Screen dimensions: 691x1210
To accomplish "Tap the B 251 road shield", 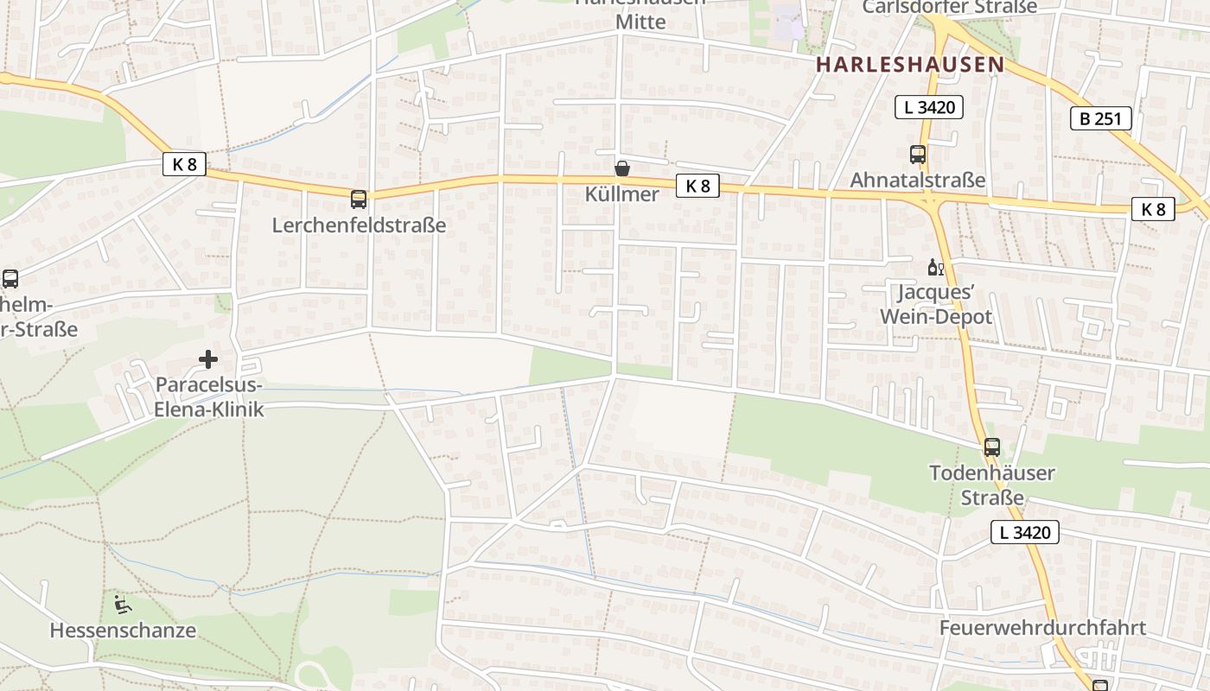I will tap(1100, 118).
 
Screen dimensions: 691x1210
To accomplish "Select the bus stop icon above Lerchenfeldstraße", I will tap(359, 200).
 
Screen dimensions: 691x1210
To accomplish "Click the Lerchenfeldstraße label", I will tap(359, 225).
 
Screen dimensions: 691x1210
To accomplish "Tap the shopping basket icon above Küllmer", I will tap(622, 168).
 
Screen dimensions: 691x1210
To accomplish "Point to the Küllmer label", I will tap(622, 194).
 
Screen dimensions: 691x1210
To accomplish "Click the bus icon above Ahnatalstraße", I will tap(918, 155).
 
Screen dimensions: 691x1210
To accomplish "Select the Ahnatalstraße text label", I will tap(918, 181).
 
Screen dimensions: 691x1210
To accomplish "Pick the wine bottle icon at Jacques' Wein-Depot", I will tap(935, 267).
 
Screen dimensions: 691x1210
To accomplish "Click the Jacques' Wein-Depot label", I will tap(936, 305).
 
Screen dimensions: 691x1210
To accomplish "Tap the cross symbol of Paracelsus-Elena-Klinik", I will tap(208, 358).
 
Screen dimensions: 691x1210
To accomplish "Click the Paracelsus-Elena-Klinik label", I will tap(208, 397).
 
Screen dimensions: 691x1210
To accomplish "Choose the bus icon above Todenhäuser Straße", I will tap(992, 447).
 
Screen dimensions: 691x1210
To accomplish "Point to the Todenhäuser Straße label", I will tap(992, 485).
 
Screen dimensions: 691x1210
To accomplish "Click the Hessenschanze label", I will tap(123, 631).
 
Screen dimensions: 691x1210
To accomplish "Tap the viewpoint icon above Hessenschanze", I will tap(123, 603).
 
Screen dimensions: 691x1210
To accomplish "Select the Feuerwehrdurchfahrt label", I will tap(1043, 628).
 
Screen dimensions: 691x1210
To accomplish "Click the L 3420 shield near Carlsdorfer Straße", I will tap(929, 107).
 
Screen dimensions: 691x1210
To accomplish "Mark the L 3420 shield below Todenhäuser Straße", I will tap(1025, 532).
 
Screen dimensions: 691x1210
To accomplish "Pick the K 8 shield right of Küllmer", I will tap(697, 186).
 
